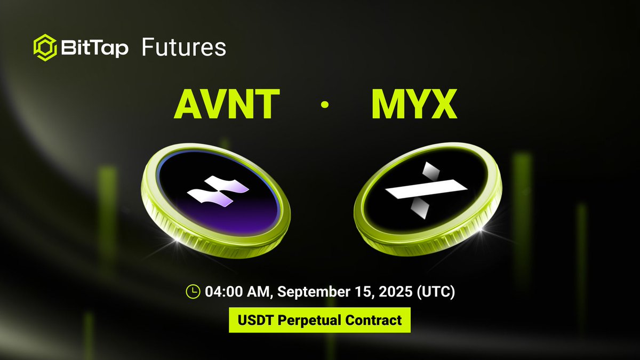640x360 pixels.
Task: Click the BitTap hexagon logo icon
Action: coord(45,47)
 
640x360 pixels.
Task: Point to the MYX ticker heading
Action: coord(414,105)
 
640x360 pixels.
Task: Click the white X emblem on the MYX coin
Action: coord(427,189)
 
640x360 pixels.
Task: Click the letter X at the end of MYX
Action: coord(444,105)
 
